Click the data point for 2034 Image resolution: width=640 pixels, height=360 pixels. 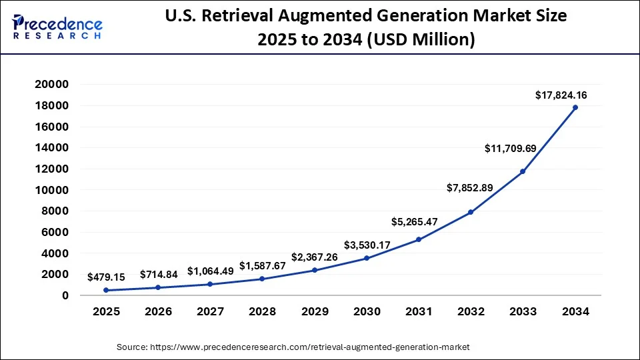click(x=575, y=107)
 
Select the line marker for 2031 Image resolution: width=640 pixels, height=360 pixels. click(x=419, y=239)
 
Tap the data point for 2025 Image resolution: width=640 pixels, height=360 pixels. click(x=106, y=290)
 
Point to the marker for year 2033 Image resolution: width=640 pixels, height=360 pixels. click(x=523, y=171)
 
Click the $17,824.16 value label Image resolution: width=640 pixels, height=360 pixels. click(x=561, y=95)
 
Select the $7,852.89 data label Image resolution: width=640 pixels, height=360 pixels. click(x=469, y=187)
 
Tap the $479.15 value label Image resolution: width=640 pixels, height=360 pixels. click(x=107, y=276)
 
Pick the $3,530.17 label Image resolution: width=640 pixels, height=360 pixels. click(x=367, y=245)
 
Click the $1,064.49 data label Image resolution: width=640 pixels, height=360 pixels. click(x=211, y=271)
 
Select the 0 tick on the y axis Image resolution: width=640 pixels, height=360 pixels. click(x=65, y=295)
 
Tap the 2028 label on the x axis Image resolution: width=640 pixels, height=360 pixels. click(x=263, y=311)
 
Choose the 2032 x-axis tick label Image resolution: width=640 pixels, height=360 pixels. click(x=471, y=311)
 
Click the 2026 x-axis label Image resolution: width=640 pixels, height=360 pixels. click(x=158, y=311)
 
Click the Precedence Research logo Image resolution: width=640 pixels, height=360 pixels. click(x=57, y=27)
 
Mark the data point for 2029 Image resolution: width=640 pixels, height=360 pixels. click(x=315, y=270)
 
